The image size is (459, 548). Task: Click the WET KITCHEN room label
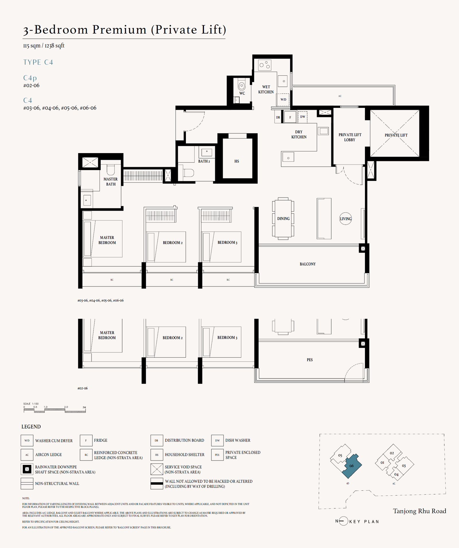pos(266,89)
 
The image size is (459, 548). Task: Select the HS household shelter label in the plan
pos(237,161)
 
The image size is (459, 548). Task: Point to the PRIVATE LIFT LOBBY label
pos(350,137)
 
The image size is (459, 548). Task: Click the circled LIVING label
pos(345,219)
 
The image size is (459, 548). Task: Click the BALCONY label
pos(308,264)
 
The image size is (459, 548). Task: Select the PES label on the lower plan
pos(310,360)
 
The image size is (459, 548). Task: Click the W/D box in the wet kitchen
pos(283,100)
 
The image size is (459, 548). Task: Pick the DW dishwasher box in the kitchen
pos(303,117)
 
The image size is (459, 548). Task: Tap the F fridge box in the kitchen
pos(290,117)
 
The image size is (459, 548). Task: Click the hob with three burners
pos(264,65)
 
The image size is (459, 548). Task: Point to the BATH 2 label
pos(204,161)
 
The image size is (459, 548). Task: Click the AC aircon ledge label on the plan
pos(340,96)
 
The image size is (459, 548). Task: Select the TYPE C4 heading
pos(38,62)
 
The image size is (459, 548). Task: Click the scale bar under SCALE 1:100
pos(55,411)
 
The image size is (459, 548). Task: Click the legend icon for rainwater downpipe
pos(27,469)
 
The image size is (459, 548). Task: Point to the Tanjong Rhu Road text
pos(419,511)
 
